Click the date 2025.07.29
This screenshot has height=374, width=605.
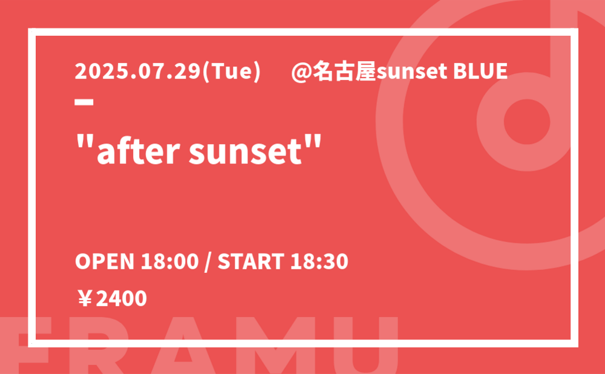click(138, 72)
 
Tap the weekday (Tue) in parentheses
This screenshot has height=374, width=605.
click(232, 72)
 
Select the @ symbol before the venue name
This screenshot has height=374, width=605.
click(301, 73)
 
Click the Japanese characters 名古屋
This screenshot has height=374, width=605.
click(344, 72)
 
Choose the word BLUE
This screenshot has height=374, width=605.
click(480, 72)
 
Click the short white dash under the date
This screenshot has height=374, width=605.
click(84, 102)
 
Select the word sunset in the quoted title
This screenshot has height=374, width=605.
click(245, 151)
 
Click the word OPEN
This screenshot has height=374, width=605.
click(105, 261)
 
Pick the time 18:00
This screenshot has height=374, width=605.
click(170, 261)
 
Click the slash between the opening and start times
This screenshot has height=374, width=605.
click(208, 262)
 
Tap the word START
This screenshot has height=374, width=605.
click(251, 261)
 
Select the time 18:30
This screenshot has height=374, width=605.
click(319, 261)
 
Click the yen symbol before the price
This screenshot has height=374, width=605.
click(85, 299)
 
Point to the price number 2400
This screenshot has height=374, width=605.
click(121, 299)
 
